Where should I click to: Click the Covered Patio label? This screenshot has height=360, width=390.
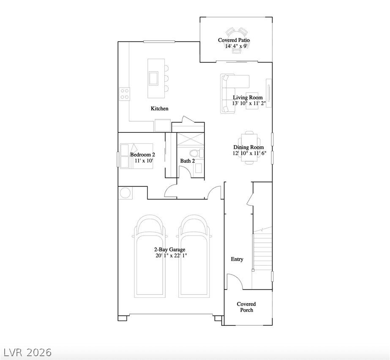point(234,40)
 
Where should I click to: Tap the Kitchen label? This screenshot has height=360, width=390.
point(160,109)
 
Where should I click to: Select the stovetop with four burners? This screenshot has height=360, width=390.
point(124,94)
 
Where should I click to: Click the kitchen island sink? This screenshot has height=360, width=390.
point(153,78)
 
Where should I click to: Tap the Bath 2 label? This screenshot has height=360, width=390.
point(188,161)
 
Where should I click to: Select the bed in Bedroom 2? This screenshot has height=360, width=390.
point(136,156)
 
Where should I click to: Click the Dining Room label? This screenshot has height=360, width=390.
point(248,147)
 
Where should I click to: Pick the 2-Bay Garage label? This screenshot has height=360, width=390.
point(169,250)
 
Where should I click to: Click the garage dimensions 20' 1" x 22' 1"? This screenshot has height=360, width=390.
point(171,256)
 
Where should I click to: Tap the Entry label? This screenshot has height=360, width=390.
point(237,259)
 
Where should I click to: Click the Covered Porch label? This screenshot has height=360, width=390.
point(246,307)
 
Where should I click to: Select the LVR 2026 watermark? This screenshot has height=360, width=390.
point(26,352)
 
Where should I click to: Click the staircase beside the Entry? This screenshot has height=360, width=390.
point(262,251)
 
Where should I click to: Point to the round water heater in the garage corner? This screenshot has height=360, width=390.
point(126,193)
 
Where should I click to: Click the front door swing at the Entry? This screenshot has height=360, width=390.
point(234,282)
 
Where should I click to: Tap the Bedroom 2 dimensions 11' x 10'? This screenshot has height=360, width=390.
point(144,161)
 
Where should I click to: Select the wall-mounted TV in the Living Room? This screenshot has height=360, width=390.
point(269,93)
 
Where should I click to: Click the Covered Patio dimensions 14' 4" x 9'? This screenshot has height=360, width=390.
point(237,46)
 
